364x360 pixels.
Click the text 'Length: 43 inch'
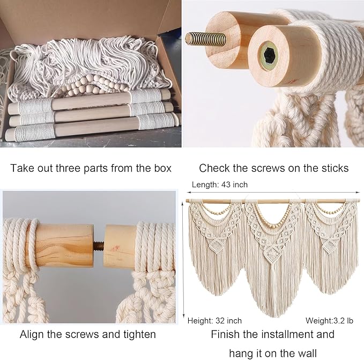pos(220,185)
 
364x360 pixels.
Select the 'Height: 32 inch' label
pos(214,321)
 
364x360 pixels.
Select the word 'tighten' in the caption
pos(138,334)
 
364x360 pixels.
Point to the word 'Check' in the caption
pos(213,168)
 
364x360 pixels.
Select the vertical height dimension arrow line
pos(184,258)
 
